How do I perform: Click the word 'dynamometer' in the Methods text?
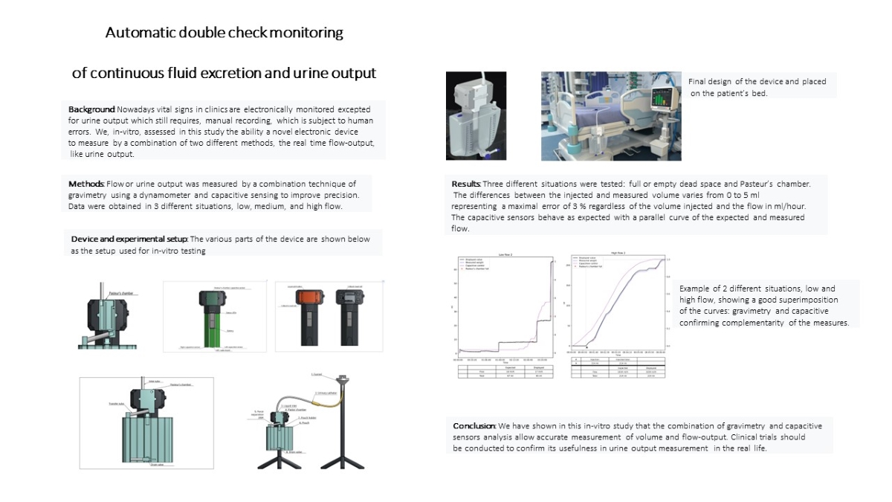click(172, 195)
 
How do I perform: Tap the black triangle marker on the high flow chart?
click(587, 347)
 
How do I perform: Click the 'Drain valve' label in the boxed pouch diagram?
click(156, 465)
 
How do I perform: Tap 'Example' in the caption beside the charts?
click(694, 289)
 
